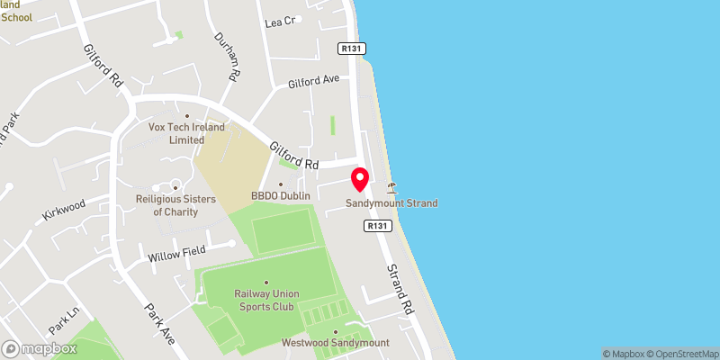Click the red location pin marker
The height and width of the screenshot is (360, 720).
(360, 179)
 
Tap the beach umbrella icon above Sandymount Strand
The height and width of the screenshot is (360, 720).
(391, 188)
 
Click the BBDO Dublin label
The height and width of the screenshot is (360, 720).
(281, 195)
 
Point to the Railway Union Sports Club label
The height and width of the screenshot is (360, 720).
(266, 299)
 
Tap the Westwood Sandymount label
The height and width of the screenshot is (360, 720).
(335, 343)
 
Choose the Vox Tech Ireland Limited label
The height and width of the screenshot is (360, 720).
(187, 133)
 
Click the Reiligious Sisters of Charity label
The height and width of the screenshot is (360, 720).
(170, 205)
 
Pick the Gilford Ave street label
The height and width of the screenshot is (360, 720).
(313, 82)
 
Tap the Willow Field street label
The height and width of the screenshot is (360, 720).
(176, 253)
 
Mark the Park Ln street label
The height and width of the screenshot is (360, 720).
(64, 317)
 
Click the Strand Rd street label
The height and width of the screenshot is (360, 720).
(400, 288)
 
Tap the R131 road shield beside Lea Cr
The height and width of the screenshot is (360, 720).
(351, 48)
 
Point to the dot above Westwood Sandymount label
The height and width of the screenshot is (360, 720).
(335, 332)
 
